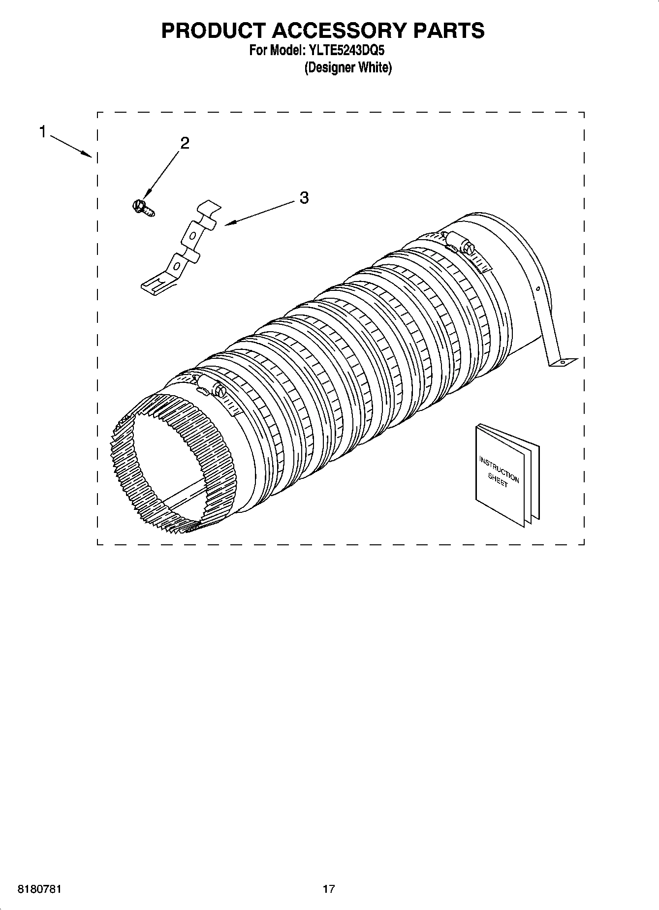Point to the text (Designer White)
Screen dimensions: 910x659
point(348,68)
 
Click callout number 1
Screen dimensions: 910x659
point(43,132)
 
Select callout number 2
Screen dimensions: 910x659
point(185,143)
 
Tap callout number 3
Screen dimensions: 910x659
point(304,198)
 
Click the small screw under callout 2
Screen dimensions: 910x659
point(142,208)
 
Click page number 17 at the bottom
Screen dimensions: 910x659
point(329,889)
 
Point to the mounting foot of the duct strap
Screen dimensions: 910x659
point(563,362)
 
